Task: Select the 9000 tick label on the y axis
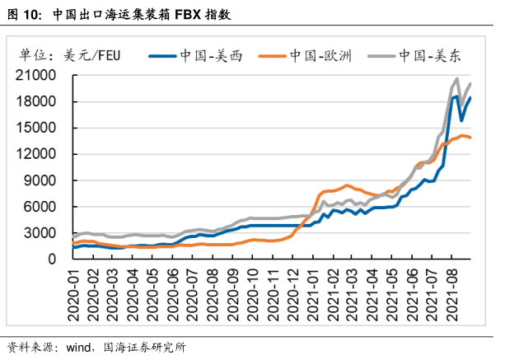pyautogui.click(x=44, y=180)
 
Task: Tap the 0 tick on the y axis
pyautogui.click(x=53, y=259)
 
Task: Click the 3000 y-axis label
pyautogui.click(x=44, y=233)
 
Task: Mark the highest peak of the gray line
pyautogui.click(x=457, y=79)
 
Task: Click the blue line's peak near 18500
pyautogui.click(x=456, y=96)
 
